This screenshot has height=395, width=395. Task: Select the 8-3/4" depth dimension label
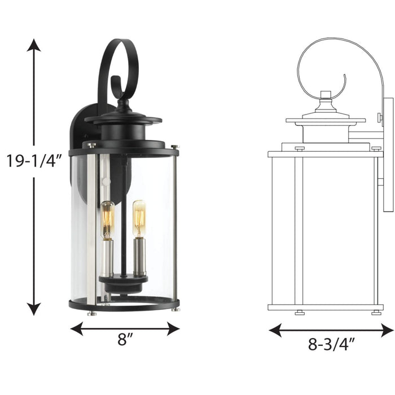331,343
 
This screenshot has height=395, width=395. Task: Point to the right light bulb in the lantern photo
139,218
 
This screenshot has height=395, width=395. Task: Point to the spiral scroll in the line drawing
327,68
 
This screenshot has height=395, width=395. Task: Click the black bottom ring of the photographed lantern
124,305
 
